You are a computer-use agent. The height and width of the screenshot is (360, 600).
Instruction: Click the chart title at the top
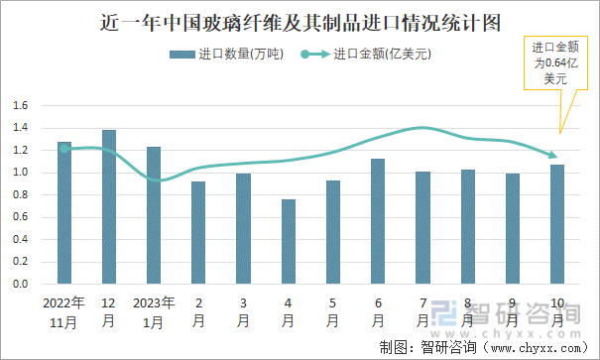click(300, 21)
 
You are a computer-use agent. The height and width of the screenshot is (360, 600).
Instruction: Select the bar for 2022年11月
click(64, 213)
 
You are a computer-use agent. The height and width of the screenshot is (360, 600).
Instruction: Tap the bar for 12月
click(109, 207)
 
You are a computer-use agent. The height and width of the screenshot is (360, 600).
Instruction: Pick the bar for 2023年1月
click(154, 215)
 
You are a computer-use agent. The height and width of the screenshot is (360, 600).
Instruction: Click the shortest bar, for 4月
click(288, 242)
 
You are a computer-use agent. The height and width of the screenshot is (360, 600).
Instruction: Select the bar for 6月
click(377, 221)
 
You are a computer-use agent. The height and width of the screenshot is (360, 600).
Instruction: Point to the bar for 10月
click(556, 224)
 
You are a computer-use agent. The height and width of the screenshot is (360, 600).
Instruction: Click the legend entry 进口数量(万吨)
click(227, 55)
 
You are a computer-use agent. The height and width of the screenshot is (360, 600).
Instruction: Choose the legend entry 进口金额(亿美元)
click(367, 55)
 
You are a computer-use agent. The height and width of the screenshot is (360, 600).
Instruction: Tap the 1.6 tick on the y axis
click(20, 105)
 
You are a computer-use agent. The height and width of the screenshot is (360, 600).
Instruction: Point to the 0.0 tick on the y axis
click(20, 284)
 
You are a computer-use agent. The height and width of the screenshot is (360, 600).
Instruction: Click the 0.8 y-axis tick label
click(20, 194)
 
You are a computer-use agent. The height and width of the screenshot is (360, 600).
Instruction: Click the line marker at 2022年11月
click(64, 149)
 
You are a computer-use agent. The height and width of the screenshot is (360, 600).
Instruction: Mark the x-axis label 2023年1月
click(154, 311)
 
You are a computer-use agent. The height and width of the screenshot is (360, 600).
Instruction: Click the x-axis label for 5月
click(332, 311)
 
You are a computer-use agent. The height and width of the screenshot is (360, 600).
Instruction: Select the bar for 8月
click(467, 226)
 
